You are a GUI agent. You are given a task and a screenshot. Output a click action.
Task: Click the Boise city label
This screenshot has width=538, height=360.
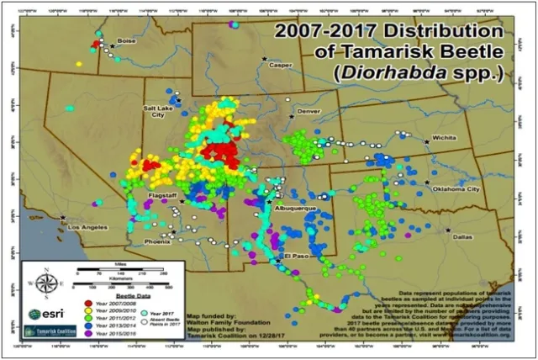(127, 40)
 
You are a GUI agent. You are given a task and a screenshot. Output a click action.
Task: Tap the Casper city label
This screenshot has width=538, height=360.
(280, 65)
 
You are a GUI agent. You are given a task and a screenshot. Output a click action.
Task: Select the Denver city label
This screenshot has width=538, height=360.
(309, 111)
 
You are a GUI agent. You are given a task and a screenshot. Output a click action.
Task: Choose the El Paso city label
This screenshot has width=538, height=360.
(298, 255)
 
